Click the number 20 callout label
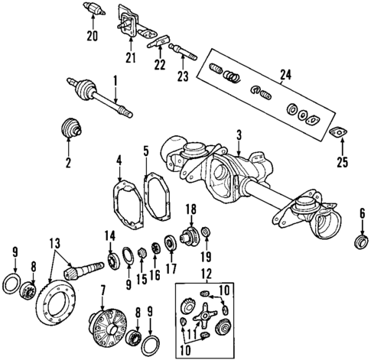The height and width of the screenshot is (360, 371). [92, 36]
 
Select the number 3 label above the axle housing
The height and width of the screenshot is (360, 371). [239, 135]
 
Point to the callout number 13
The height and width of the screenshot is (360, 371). [54, 243]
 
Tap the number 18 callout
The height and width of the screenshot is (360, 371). [190, 209]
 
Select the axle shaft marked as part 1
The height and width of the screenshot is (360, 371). [103, 97]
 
